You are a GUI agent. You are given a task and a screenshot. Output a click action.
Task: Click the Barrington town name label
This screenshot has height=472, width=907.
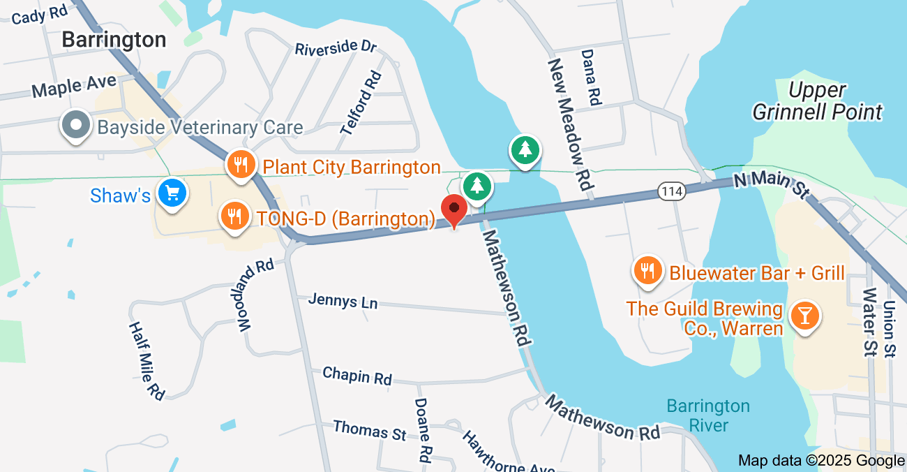[x=114, y=39]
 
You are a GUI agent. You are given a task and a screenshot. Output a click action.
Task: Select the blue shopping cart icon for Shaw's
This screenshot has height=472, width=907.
[x=171, y=193]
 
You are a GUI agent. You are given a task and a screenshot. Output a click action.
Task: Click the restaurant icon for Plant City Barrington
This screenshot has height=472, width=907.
[x=240, y=165]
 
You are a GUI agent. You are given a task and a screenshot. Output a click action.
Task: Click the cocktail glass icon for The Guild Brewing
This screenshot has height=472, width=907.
[x=805, y=317]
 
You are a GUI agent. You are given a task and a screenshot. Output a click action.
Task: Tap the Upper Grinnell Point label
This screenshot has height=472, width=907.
[x=818, y=101]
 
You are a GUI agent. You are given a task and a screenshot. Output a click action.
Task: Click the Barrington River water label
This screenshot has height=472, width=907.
[x=707, y=415]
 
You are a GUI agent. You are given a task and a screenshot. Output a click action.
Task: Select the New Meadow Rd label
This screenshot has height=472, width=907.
[x=570, y=126]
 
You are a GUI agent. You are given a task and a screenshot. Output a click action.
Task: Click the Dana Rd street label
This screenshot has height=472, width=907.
[x=590, y=77]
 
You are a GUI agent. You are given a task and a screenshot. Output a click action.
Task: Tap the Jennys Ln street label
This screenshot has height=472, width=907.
[x=343, y=302]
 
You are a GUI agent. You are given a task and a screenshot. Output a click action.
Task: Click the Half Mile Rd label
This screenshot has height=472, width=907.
[x=147, y=360]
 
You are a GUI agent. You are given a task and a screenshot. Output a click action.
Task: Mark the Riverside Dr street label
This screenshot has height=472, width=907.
[x=336, y=48]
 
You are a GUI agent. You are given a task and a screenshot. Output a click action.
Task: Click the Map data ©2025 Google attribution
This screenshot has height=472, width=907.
[x=821, y=461]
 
